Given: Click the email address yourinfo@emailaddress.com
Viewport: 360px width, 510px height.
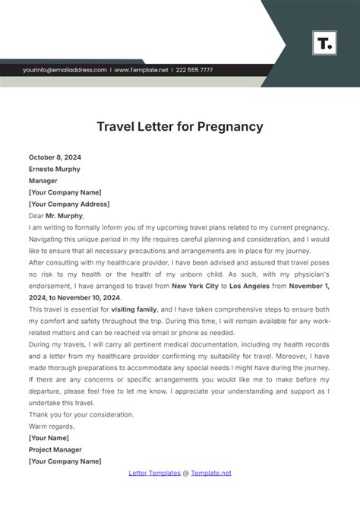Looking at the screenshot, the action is click(x=65, y=70).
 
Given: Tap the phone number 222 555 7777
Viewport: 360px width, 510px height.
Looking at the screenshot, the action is click(x=192, y=70).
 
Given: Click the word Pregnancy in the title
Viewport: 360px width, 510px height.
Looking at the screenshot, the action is click(x=226, y=126).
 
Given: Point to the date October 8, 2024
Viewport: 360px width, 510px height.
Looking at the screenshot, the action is click(x=57, y=158).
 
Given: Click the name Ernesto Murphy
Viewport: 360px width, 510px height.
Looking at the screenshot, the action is click(x=54, y=169).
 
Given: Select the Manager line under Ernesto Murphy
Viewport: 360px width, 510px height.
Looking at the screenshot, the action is click(x=43, y=181).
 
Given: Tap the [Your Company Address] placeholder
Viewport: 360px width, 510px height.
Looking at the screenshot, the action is click(x=69, y=204).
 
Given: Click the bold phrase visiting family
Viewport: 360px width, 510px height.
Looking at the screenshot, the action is click(x=134, y=310).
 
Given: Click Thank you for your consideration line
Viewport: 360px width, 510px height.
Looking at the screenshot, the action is click(x=81, y=414).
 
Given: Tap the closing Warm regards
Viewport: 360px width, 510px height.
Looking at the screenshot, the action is click(x=52, y=426).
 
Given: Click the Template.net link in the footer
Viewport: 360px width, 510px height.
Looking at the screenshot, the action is click(x=212, y=473).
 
